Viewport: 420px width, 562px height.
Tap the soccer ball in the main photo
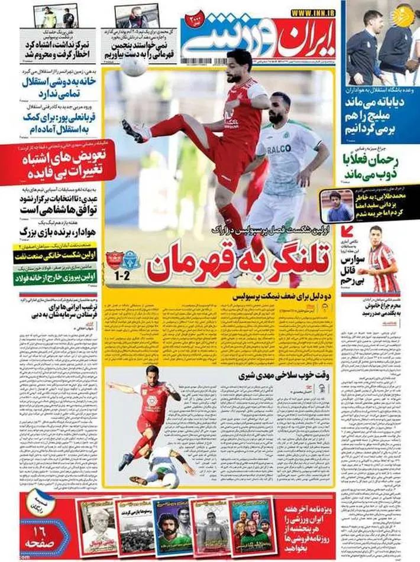click(x=134, y=66)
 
